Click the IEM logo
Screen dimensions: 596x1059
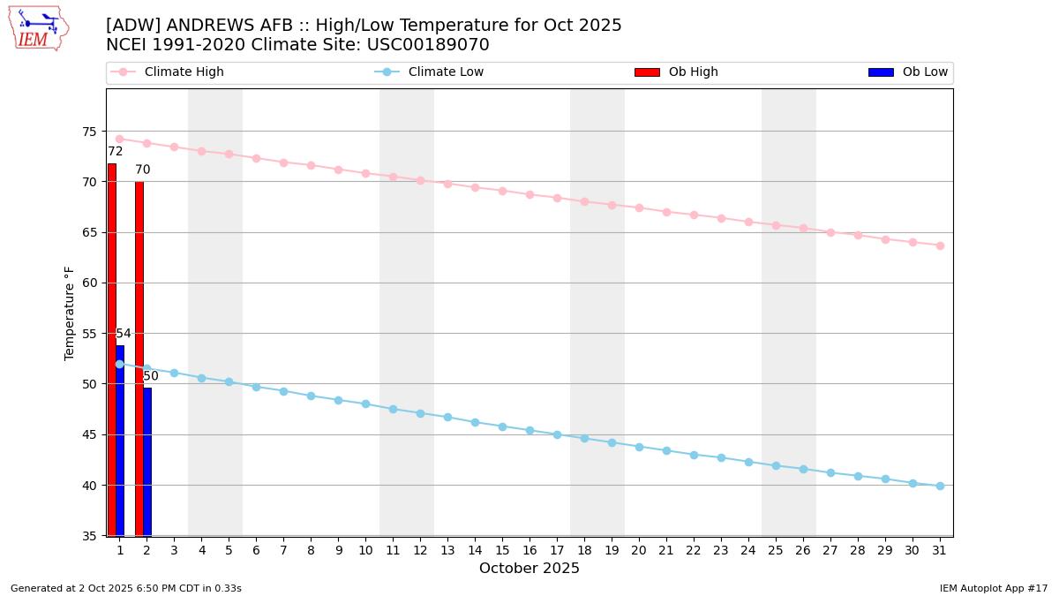(x=38, y=28)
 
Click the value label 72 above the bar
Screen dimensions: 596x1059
(x=116, y=152)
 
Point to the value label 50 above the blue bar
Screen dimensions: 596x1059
(x=151, y=376)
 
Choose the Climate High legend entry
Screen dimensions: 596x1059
(x=184, y=72)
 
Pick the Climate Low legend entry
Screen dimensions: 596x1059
(x=446, y=72)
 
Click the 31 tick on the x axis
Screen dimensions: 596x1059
(x=940, y=550)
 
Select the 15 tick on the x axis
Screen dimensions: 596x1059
(x=502, y=550)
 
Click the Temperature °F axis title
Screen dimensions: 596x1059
(x=70, y=313)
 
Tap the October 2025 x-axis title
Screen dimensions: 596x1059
(x=529, y=569)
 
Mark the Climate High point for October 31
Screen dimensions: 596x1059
(x=940, y=245)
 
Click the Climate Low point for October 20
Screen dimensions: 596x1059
(x=639, y=447)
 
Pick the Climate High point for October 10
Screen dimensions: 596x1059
(x=365, y=173)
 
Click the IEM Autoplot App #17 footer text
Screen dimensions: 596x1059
(x=994, y=588)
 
